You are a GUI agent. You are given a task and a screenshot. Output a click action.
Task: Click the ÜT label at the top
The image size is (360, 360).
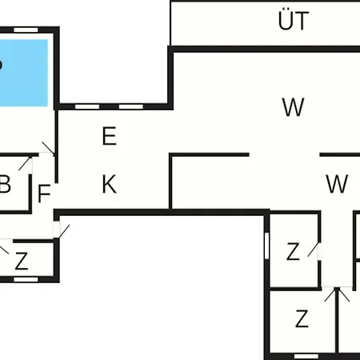click(x=294, y=20)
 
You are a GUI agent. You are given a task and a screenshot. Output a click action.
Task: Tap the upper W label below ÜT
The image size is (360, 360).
click(x=293, y=107)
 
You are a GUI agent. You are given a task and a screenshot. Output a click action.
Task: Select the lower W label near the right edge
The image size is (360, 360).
click(x=337, y=184)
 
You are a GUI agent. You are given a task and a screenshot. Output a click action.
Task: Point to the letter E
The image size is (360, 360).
click(x=110, y=136)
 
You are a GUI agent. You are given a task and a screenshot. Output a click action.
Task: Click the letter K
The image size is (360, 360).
click(x=110, y=184)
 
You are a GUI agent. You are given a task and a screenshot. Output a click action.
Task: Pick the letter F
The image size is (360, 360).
click(x=44, y=194)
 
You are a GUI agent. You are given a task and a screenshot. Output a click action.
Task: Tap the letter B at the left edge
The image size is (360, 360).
click(x=5, y=184)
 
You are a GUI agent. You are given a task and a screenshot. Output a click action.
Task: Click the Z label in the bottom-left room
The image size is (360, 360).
click(x=22, y=261)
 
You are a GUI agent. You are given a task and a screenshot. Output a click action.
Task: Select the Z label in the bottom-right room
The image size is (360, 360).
click(x=302, y=318)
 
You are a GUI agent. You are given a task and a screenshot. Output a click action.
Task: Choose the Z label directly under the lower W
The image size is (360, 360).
click(x=293, y=251)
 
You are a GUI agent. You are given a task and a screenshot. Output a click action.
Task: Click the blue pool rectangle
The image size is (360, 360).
click(x=24, y=73)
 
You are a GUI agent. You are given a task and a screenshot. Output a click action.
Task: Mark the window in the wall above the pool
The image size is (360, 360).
click(x=26, y=30)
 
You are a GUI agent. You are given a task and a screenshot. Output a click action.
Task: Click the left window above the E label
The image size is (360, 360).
click(x=87, y=107)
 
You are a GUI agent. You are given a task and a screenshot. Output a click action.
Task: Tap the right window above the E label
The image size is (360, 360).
click(x=131, y=107)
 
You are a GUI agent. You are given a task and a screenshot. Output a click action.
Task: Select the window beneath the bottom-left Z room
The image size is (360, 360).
click(x=26, y=279)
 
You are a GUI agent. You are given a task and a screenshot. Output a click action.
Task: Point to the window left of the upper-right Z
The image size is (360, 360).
click(x=266, y=246)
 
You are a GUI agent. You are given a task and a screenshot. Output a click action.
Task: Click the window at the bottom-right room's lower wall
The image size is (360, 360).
click(x=306, y=357)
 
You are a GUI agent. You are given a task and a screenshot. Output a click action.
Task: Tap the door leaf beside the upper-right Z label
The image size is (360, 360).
click(x=313, y=250)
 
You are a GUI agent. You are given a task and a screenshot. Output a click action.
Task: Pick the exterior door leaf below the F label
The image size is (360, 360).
click(x=64, y=231)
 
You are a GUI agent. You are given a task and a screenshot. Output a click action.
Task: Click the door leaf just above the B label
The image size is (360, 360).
click(x=26, y=164)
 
